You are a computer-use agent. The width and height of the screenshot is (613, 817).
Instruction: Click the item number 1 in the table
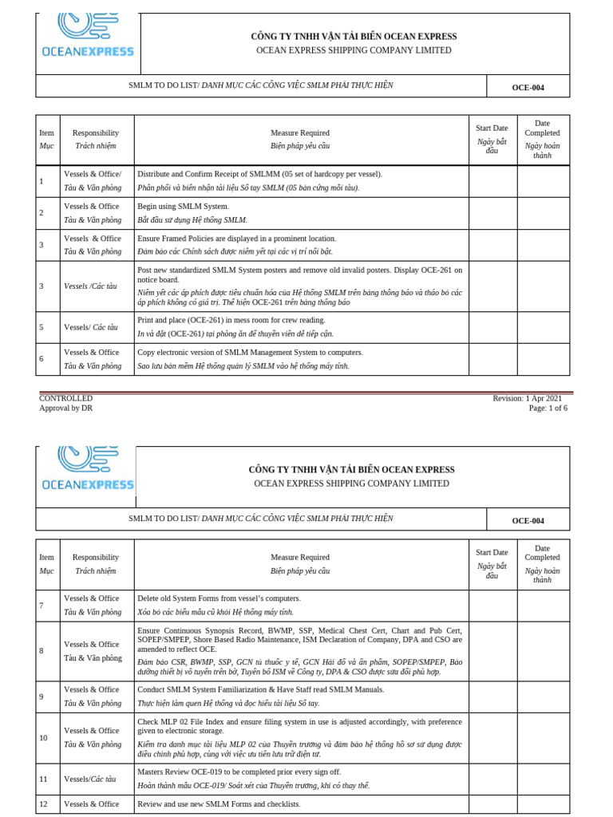tap(42, 181)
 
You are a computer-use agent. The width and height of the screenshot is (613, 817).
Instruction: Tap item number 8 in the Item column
tap(42, 651)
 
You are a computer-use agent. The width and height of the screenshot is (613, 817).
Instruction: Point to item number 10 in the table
tap(44, 737)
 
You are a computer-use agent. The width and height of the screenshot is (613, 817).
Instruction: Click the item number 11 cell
tap(44, 779)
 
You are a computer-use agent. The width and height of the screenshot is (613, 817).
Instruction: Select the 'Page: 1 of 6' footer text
tap(548, 408)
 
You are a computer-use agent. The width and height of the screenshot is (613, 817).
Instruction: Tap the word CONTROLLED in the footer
tap(66, 398)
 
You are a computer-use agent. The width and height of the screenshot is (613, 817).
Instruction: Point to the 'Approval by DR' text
tap(66, 408)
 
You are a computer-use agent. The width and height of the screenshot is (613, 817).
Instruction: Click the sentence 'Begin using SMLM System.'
tap(183, 207)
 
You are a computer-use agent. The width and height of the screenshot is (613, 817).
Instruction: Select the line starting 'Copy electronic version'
tap(250, 352)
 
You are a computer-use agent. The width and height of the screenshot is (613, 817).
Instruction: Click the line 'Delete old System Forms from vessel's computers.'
tap(219, 598)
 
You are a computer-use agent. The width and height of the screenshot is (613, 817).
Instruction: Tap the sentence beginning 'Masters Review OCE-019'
tap(239, 772)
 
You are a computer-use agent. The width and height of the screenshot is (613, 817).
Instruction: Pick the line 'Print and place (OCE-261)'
tap(231, 320)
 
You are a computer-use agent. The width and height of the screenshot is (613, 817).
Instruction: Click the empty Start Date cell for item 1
tap(492, 181)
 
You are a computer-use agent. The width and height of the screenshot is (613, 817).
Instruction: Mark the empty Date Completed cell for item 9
tap(543, 697)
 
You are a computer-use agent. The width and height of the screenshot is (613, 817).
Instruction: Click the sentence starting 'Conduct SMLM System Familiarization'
tap(261, 689)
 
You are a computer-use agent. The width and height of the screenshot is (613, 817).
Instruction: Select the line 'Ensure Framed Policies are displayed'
tap(237, 239)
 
